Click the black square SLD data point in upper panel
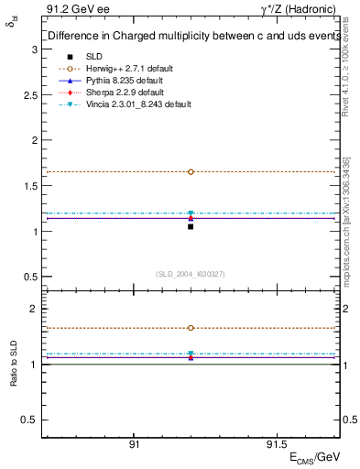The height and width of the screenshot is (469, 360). click(x=191, y=226)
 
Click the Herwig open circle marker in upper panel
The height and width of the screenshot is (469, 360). click(x=191, y=171)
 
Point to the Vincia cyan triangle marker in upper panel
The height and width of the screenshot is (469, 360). click(x=191, y=213)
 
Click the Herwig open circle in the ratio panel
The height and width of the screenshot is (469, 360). click(x=191, y=328)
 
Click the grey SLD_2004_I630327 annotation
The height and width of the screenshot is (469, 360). click(x=190, y=273)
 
